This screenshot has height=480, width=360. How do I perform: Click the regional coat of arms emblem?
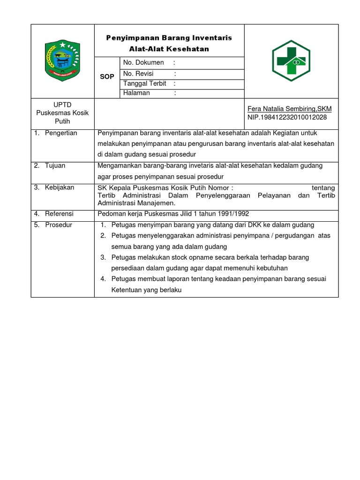click(62, 61)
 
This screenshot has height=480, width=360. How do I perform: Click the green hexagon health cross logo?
click(291, 61)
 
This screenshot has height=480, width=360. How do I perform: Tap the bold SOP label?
click(107, 76)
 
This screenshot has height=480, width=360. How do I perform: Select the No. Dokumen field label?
click(143, 63)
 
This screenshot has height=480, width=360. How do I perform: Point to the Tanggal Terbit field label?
click(145, 83)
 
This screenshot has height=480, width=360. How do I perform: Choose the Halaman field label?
click(136, 93)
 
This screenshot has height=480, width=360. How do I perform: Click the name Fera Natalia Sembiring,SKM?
click(289, 109)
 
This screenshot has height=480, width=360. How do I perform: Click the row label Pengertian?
click(60, 133)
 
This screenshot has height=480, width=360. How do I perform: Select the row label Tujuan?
click(55, 165)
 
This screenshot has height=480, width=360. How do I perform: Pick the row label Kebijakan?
click(60, 187)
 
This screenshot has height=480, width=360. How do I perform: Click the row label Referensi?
click(59, 214)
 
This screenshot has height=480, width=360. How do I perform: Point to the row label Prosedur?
click(59, 225)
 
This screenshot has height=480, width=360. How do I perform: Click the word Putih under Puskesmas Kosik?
click(62, 121)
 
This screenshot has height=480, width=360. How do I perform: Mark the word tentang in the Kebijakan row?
click(323, 188)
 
